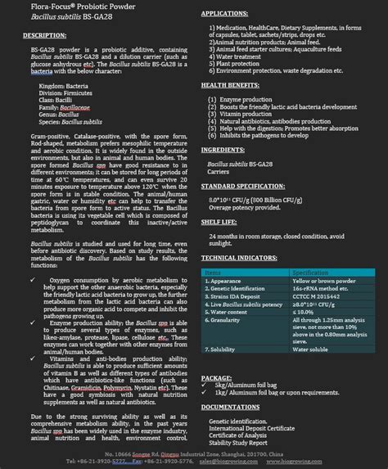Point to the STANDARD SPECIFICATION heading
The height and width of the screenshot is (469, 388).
(x=250, y=186)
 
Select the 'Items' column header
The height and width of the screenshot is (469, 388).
(x=214, y=272)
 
